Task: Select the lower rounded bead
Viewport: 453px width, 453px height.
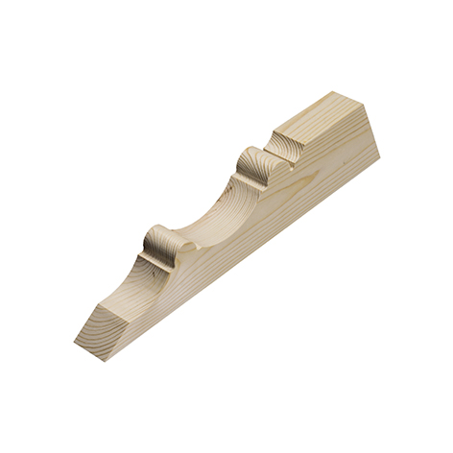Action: tap(159, 241)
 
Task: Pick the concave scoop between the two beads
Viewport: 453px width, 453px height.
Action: tap(206, 211)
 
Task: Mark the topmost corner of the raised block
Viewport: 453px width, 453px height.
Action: tap(341, 92)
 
